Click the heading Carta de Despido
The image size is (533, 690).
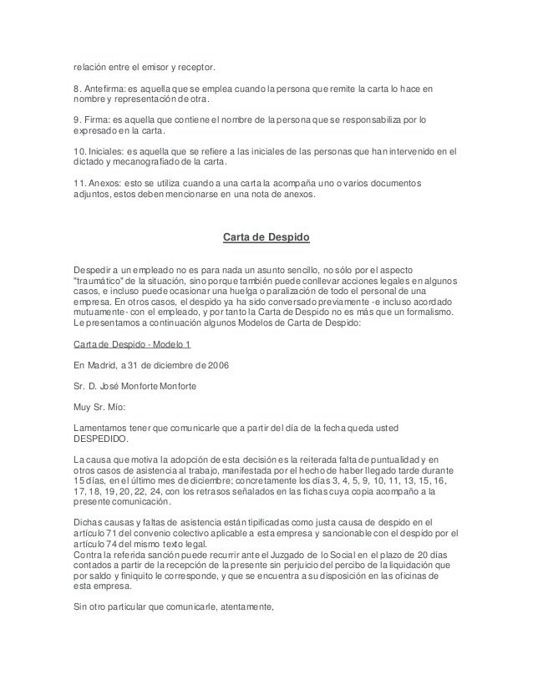pyautogui.click(x=266, y=237)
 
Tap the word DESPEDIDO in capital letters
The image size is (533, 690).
pyautogui.click(x=101, y=439)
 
